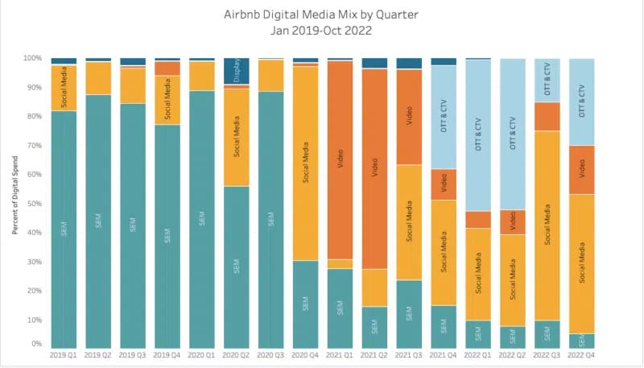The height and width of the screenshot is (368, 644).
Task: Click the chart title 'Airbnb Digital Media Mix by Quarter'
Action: (x=322, y=14)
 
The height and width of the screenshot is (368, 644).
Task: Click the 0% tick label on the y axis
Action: (x=35, y=344)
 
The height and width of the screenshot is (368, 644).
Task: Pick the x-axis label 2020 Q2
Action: (x=236, y=354)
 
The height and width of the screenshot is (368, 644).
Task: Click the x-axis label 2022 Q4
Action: (x=582, y=354)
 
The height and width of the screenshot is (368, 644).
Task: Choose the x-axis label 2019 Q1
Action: (x=63, y=354)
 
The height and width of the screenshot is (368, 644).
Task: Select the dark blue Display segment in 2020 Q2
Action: (x=236, y=72)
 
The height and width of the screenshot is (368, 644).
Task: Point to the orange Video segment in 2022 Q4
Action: (x=582, y=169)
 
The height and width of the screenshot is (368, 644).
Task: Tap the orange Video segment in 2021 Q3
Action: (x=409, y=117)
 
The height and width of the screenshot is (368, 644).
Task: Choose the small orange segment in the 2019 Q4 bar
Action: (x=167, y=68)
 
